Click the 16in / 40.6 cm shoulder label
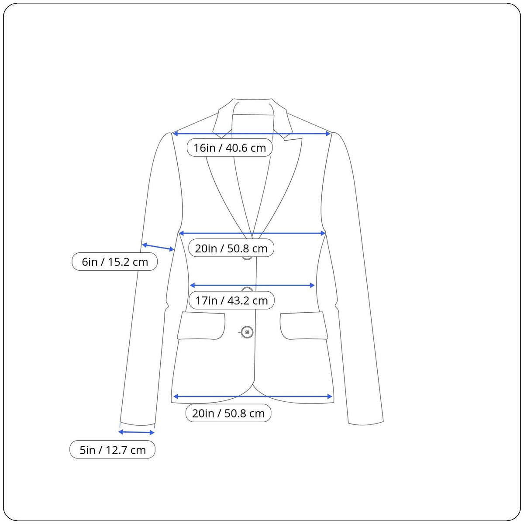(x=230, y=148)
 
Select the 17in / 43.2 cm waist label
(x=231, y=300)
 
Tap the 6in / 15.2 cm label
(x=114, y=262)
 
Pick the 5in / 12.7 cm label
(x=112, y=450)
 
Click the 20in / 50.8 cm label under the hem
(x=228, y=414)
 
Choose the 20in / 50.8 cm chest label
(x=231, y=248)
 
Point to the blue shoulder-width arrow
(x=252, y=134)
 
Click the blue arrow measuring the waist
(x=252, y=285)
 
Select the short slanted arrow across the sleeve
(x=158, y=247)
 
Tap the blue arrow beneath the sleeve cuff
(x=137, y=432)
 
